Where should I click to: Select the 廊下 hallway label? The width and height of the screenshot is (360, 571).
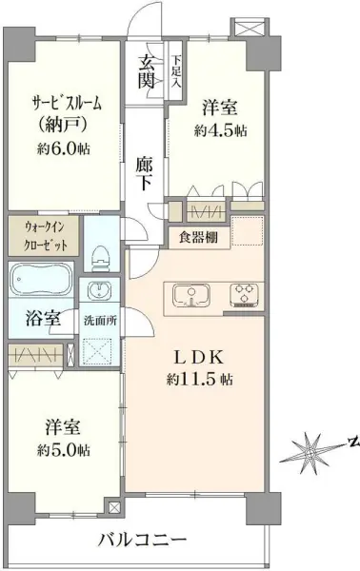pos(146,171)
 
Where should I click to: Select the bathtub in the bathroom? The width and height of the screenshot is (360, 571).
pos(41,285)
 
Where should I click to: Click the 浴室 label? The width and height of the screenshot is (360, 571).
pos(38,320)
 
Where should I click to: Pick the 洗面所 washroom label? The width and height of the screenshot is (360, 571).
pos(100,320)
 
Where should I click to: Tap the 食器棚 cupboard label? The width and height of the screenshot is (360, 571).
pos(197,237)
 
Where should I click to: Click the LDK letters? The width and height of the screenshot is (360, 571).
pos(198,358)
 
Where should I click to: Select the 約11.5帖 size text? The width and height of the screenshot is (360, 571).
pos(199,380)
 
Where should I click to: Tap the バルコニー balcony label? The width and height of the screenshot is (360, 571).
pos(143,540)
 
